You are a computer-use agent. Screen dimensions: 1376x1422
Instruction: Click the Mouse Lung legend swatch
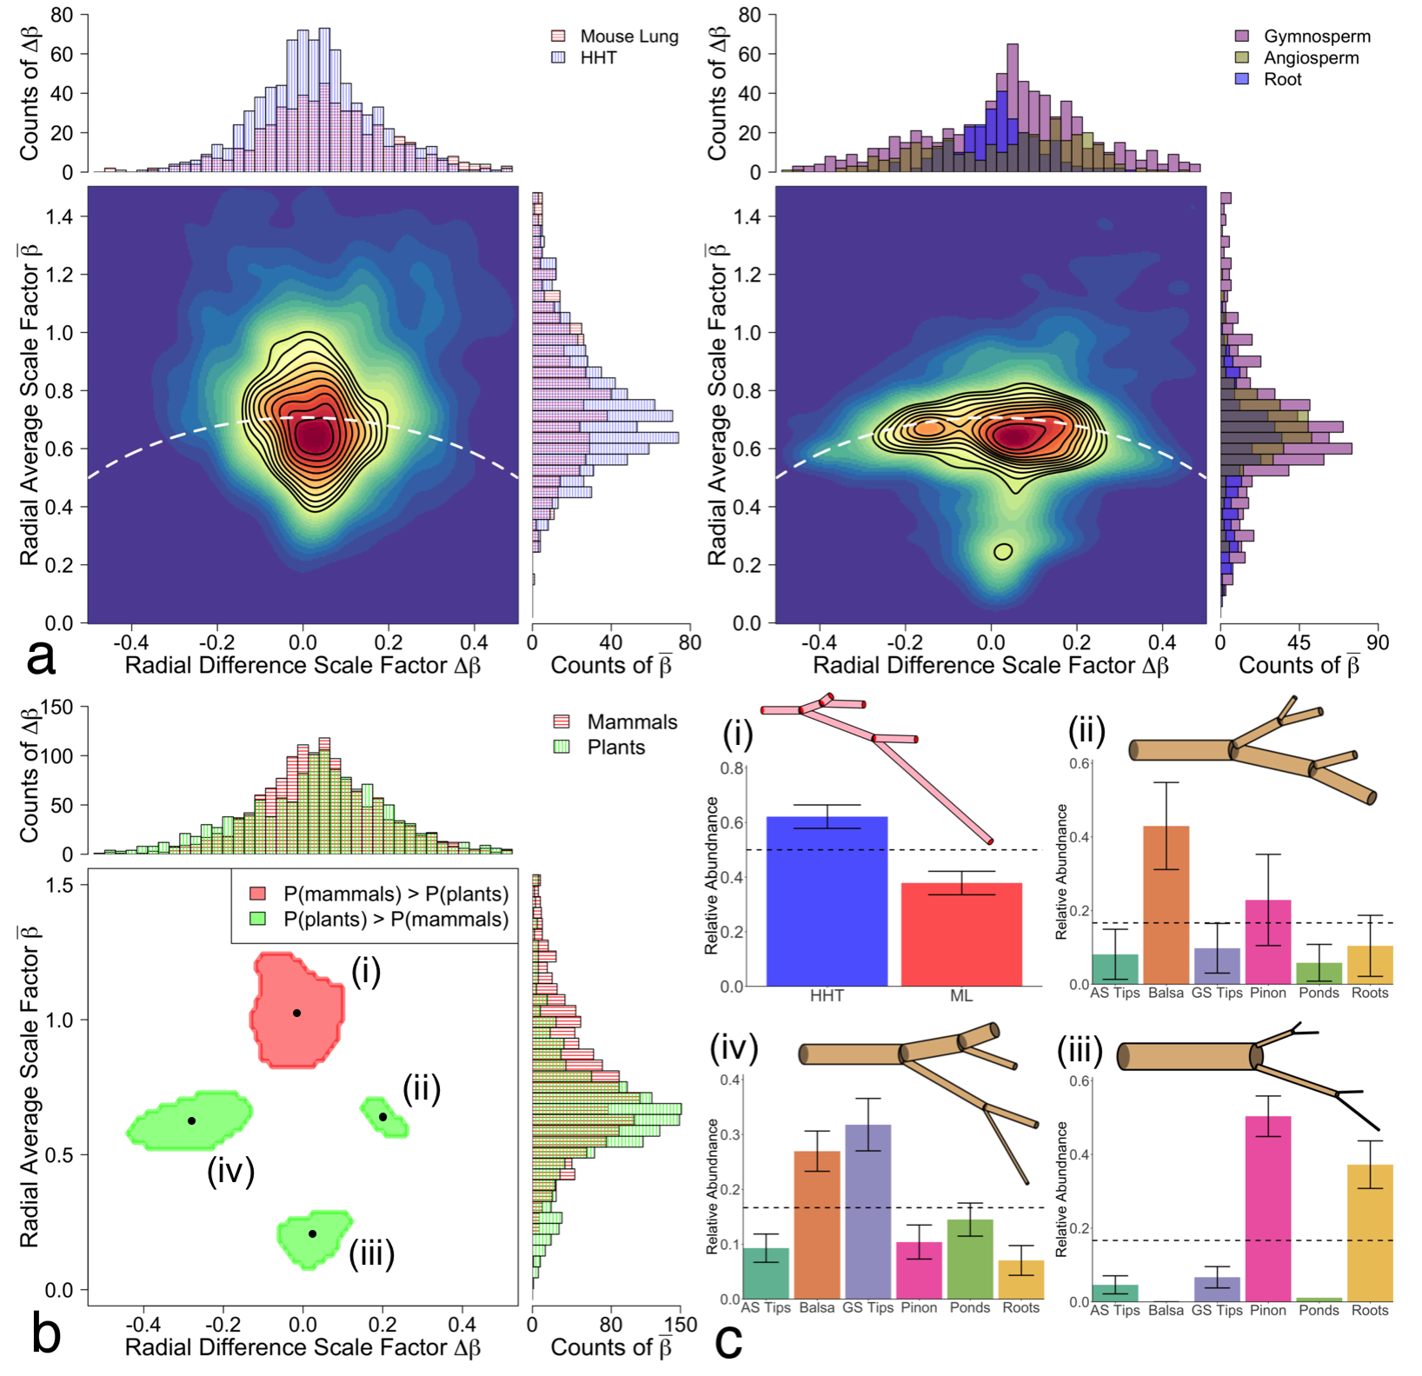pos(559,37)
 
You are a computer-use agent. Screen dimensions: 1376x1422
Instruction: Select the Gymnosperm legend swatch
pos(1243,37)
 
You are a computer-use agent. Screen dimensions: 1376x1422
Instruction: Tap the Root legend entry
pos(1282,79)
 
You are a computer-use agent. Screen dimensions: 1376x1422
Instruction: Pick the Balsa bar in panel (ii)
pos(1166,905)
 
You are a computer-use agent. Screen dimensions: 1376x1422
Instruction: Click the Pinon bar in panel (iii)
pos(1268,1208)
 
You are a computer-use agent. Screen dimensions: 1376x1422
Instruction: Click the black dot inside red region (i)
pos(296,1013)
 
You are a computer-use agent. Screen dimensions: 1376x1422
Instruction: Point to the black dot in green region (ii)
pos(382,1117)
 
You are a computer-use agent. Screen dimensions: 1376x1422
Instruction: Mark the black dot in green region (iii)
pos(312,1233)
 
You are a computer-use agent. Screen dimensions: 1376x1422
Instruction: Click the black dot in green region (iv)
pos(192,1121)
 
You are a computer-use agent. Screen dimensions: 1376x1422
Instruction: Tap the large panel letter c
pos(728,1339)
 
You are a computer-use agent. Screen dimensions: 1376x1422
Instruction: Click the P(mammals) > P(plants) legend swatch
pos(258,894)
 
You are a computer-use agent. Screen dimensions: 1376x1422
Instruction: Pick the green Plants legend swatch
pos(561,747)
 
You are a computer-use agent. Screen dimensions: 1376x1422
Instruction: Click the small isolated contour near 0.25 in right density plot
pos(1003,551)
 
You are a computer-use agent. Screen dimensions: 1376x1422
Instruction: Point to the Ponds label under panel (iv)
pos(970,1307)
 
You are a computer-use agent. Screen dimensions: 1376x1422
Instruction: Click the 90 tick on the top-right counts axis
pos(1378,642)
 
